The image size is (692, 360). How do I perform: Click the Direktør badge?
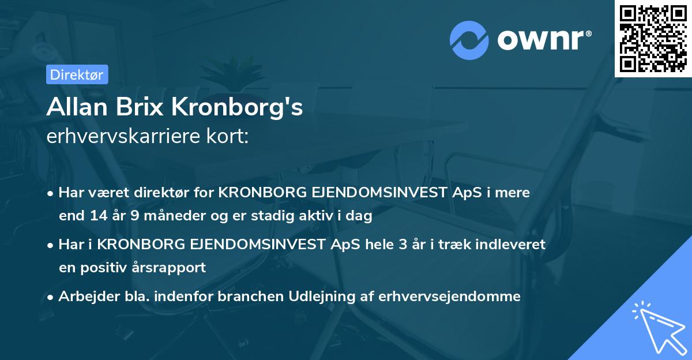[76, 74]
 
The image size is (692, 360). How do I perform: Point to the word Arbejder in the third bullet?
[85, 297]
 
